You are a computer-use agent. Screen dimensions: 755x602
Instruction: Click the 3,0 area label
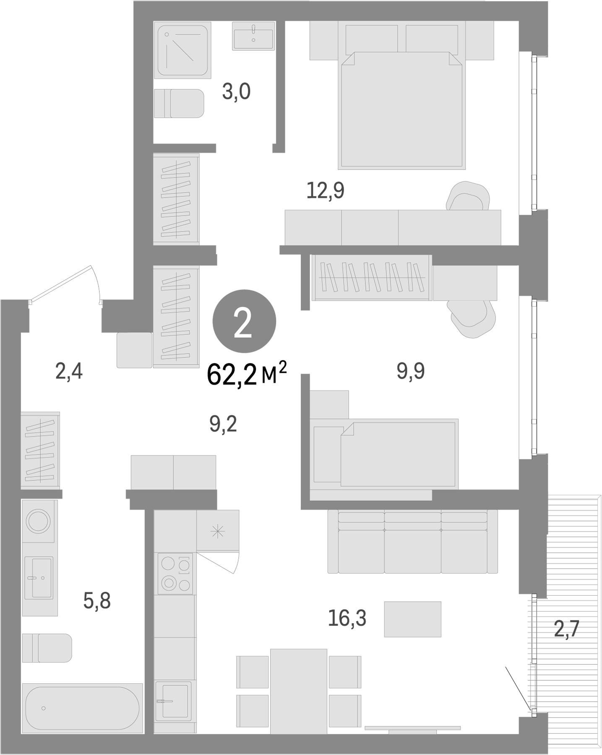tap(236, 91)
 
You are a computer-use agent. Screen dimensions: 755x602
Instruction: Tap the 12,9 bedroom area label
tap(326, 190)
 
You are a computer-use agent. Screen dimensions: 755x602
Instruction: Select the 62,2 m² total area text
tap(247, 375)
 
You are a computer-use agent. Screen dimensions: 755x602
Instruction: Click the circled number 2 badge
tap(244, 321)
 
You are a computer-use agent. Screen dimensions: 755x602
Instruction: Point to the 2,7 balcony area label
tap(566, 628)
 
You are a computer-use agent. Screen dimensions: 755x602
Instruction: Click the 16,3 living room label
tap(347, 618)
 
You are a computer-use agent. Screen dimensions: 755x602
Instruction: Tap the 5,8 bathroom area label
tap(97, 601)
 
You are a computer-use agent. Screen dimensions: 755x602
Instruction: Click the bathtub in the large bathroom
tap(82, 708)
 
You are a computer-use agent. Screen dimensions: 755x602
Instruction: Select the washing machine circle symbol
tap(38, 521)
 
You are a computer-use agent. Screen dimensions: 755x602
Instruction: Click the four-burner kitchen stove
tap(175, 573)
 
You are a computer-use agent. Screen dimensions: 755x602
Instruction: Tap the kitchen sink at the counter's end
tap(173, 700)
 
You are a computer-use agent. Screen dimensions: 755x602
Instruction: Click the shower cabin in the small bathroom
tap(182, 50)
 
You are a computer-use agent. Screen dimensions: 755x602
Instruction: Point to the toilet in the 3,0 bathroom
tap(180, 103)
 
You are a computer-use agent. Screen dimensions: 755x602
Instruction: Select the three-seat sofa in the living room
tap(412, 542)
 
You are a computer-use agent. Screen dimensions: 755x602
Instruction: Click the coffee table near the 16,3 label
tap(412, 619)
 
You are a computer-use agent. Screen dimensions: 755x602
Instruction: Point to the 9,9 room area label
tap(411, 371)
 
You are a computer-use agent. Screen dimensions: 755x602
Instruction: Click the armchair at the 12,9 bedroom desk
tap(468, 196)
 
